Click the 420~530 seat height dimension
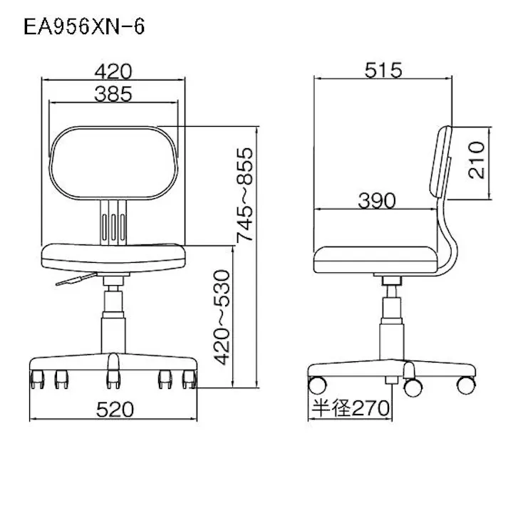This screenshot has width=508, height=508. (x=223, y=316)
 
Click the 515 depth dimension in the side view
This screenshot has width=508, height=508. (x=383, y=70)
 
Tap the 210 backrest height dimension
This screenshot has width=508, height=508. (x=477, y=159)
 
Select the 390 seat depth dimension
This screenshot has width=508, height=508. (x=375, y=201)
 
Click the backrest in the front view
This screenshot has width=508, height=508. (x=115, y=162)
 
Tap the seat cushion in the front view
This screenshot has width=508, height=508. (x=115, y=254)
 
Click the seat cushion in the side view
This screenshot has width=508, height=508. (x=376, y=257)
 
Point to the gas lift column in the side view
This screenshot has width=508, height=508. (x=391, y=321)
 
